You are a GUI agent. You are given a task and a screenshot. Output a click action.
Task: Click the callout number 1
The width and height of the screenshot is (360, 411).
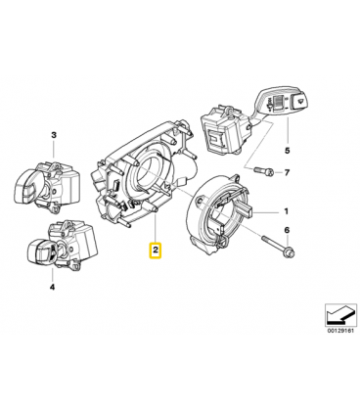click(286, 212)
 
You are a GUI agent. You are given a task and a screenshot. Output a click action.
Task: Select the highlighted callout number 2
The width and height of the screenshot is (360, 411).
click(156, 251)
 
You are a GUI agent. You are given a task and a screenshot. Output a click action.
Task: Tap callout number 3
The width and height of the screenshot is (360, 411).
click(54, 135)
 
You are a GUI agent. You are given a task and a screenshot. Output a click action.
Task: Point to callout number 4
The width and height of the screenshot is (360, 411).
click(52, 287)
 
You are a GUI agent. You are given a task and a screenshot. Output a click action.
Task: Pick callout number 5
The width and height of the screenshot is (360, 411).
click(287, 151)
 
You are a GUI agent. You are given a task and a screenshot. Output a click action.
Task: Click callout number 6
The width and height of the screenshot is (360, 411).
click(287, 230)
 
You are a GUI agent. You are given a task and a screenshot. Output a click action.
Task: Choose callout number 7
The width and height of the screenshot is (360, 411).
click(287, 172)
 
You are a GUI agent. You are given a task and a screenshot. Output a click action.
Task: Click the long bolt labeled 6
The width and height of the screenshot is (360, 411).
click(277, 245)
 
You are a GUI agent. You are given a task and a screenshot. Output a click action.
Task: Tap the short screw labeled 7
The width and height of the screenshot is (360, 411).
click(262, 171)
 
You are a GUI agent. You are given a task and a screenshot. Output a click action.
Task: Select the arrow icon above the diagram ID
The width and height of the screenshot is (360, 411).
click(340, 315)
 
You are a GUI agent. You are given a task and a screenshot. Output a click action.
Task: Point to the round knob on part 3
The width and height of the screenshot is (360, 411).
click(25, 185)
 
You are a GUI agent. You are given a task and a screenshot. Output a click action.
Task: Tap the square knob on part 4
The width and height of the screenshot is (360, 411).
click(39, 251)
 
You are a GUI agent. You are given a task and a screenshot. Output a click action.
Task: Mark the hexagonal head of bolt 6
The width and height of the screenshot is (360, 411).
click(289, 251)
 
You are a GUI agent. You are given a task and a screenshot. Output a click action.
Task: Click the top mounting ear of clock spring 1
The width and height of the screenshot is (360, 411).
click(238, 178)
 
